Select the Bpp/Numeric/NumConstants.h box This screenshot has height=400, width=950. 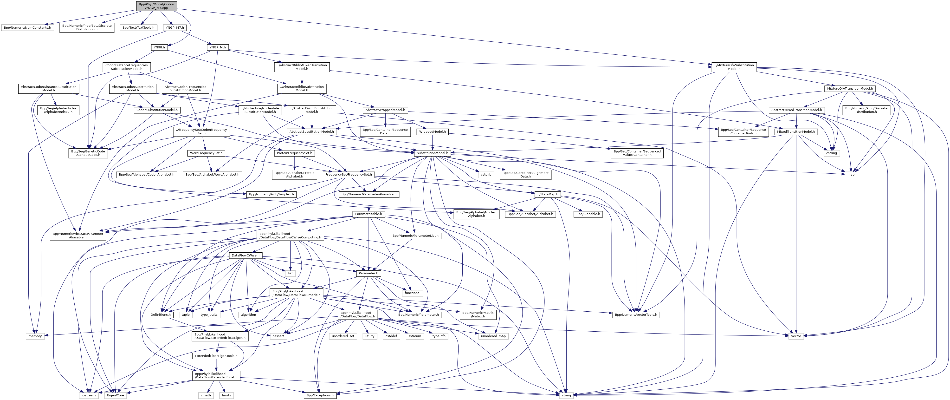[27, 28]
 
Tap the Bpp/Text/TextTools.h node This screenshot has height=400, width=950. [138, 28]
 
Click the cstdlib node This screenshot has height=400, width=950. [486, 175]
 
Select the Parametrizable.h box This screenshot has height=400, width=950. [368, 214]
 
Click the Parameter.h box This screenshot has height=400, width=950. [368, 273]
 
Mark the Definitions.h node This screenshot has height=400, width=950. [161, 315]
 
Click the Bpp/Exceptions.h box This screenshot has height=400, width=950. [320, 395]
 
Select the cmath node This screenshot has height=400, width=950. [206, 395]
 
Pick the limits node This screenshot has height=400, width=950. [226, 395]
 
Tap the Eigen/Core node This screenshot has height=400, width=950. [116, 395]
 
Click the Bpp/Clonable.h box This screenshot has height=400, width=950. [588, 214]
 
